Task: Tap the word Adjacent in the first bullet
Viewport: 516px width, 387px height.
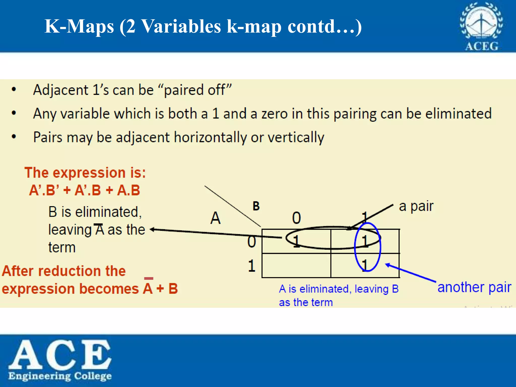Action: [61, 90]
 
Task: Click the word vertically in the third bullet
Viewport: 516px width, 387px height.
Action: [296, 138]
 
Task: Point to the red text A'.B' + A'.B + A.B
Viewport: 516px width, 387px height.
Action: [84, 190]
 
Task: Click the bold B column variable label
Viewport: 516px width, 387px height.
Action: [256, 206]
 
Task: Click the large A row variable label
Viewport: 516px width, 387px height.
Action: [215, 218]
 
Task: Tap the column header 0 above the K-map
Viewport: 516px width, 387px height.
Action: [297, 218]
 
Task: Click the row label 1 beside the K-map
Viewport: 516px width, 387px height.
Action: [251, 266]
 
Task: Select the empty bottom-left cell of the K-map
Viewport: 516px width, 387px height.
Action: [296, 266]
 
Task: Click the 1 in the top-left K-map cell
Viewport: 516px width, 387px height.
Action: [296, 241]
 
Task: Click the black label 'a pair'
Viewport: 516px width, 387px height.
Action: [416, 207]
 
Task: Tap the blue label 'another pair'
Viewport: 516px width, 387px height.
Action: [474, 287]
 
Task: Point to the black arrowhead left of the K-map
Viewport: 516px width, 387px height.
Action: [152, 229]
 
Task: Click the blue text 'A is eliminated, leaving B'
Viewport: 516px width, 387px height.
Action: [339, 289]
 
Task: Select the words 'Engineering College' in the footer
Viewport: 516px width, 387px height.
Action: [60, 376]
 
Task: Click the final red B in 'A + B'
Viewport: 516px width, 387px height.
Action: [173, 289]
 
